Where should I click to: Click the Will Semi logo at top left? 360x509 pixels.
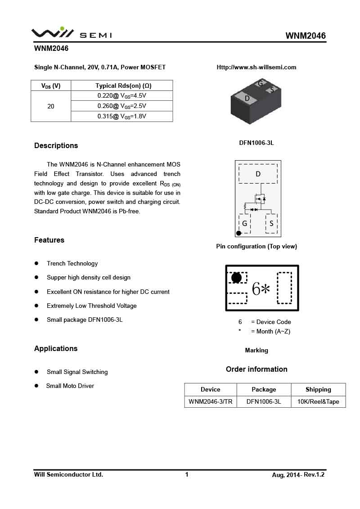click(x=71, y=33)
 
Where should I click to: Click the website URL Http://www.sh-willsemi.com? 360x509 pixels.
click(x=256, y=68)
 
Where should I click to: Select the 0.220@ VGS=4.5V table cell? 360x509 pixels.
click(x=122, y=96)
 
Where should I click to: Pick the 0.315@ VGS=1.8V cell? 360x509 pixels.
click(x=122, y=117)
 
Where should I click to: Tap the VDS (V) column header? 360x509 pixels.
click(x=51, y=86)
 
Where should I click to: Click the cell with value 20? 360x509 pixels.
click(x=51, y=106)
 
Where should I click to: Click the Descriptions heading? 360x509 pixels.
click(x=56, y=146)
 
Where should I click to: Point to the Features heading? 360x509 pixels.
click(x=49, y=240)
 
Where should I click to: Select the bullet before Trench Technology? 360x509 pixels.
click(x=37, y=263)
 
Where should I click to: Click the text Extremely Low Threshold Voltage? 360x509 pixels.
click(x=91, y=306)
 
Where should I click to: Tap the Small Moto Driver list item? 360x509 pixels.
click(x=70, y=386)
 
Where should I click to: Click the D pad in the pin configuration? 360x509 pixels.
click(x=258, y=174)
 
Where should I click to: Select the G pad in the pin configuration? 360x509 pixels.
click(x=244, y=223)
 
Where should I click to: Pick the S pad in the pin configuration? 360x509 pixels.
click(x=271, y=223)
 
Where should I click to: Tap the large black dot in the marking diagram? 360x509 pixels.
click(x=236, y=278)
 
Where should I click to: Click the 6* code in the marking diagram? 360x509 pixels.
click(x=261, y=289)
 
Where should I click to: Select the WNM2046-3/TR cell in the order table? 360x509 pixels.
click(x=211, y=401)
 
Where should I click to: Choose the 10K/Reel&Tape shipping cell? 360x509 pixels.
click(x=318, y=401)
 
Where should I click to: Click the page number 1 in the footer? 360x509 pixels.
click(x=187, y=474)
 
